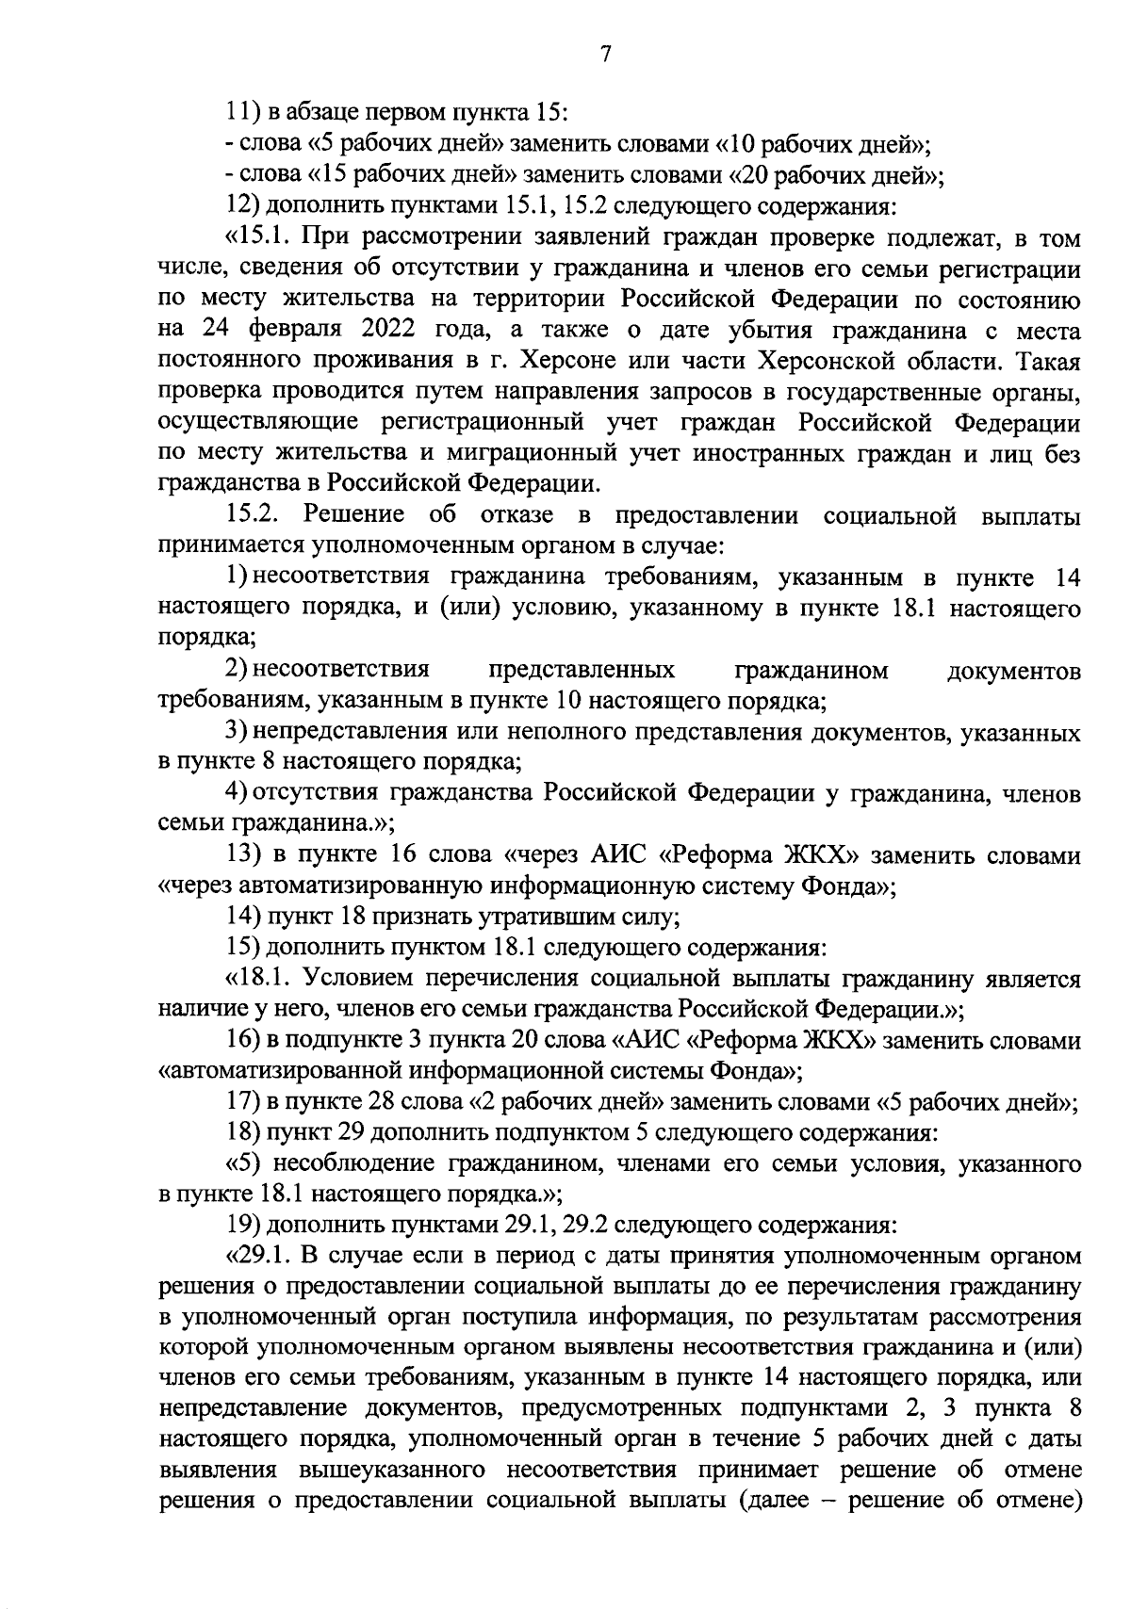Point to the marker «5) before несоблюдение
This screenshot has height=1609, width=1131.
pyautogui.click(x=242, y=1163)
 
